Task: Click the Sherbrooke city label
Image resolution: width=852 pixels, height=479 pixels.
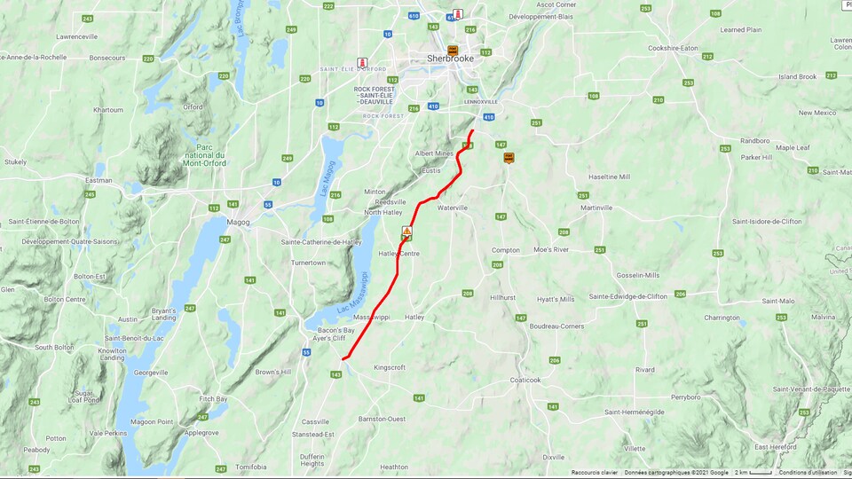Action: point(450,59)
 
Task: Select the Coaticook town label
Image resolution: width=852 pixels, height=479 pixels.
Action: point(525,380)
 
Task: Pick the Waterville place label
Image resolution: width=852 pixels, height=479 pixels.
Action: point(452,208)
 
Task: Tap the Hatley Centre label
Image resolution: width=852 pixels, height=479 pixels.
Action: point(398,254)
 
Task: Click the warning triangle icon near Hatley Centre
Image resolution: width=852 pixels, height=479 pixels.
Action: point(406,231)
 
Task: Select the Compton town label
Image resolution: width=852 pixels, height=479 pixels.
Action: point(506,250)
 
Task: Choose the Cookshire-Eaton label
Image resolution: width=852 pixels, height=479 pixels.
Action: point(674,48)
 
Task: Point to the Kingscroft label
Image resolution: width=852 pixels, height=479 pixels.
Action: point(390,367)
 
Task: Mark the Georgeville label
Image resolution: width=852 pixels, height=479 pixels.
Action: point(149,373)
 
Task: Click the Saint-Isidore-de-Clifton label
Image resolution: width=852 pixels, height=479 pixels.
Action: point(767,221)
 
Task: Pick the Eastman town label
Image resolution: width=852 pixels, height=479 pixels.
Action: point(99,180)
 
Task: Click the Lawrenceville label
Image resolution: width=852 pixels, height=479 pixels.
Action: point(77,36)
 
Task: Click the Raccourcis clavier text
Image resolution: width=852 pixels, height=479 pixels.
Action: point(594,473)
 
